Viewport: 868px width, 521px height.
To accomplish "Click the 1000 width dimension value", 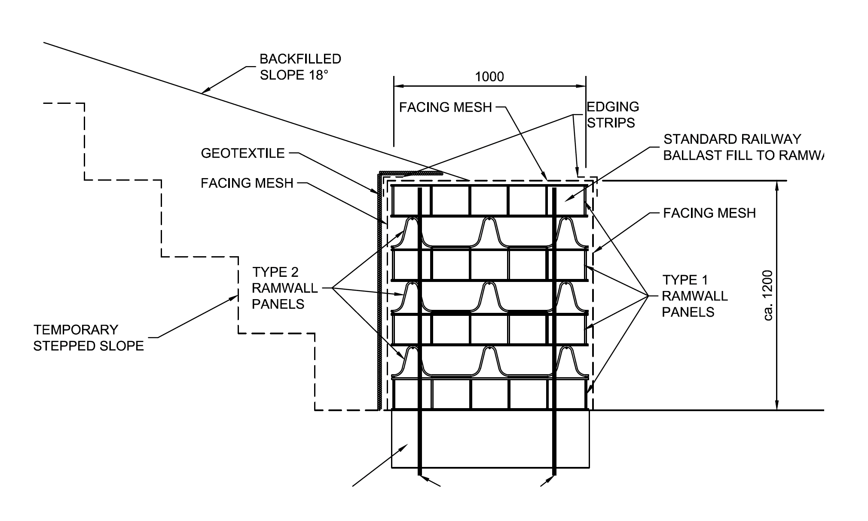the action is tap(489, 77).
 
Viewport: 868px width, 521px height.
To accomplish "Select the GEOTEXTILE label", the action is tap(243, 153).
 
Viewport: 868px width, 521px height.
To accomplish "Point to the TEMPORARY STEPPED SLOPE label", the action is tap(89, 338).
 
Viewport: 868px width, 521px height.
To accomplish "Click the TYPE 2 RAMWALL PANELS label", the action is tap(284, 288).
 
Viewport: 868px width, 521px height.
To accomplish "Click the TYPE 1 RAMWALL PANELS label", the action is tap(695, 296).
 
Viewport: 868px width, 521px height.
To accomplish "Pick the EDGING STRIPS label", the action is tap(613, 115).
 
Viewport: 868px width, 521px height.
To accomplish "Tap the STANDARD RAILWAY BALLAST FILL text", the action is tap(743, 147).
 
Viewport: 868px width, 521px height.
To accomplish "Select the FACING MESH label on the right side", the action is tap(709, 213).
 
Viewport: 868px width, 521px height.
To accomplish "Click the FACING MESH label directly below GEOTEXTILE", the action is tap(247, 183).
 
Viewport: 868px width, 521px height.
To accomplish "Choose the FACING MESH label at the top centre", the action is tap(446, 107).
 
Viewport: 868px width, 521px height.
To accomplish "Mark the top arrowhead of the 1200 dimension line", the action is tap(776, 186).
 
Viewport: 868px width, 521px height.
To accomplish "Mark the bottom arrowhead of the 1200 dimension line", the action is tap(776, 406).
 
